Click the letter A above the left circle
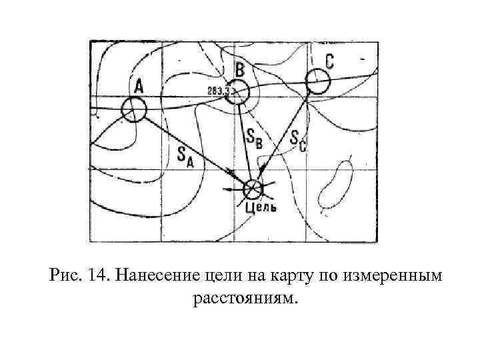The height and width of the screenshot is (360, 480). point(139,86)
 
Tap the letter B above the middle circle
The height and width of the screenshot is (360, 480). point(240,69)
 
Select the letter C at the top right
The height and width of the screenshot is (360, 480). point(329,61)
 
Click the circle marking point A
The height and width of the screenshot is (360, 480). point(134,109)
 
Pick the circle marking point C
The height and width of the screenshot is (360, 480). point(317,82)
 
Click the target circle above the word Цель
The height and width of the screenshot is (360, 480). point(253,190)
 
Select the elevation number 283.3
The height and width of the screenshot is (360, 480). point(218,91)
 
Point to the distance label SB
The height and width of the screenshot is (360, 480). point(254,138)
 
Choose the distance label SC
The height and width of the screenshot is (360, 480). point(298,141)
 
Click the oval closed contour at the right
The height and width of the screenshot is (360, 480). point(335,185)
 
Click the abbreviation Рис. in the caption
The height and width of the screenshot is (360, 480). point(65,276)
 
